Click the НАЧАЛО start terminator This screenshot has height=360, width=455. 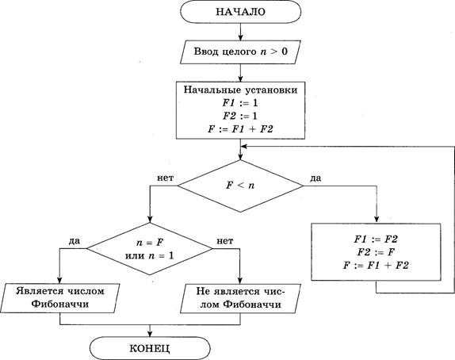point(240,12)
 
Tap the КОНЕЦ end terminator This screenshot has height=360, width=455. point(150,348)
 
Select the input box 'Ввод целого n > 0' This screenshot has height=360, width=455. point(240,52)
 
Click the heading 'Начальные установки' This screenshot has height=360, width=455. point(240,90)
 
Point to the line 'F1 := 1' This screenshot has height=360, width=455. point(240,103)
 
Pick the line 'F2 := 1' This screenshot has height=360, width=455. point(240,116)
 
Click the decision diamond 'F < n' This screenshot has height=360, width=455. point(240,186)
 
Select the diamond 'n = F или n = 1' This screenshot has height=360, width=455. point(150,249)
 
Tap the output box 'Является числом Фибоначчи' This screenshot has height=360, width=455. point(60,298)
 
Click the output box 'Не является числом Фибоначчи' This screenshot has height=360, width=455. point(240,298)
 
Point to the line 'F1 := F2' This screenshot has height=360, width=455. point(376,239)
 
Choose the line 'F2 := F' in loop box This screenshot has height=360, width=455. point(376,252)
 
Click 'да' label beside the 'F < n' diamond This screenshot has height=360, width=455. point(315,178)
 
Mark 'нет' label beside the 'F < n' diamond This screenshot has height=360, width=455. point(166,178)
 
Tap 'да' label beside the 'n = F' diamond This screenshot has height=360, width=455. point(75,241)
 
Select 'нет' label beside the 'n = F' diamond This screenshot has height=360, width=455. point(225,241)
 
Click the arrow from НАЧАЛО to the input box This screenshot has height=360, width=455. point(240,32)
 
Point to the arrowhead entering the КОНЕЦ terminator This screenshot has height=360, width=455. point(150,334)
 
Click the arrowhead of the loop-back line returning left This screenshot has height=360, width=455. point(244,147)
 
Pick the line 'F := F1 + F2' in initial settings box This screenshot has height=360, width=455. point(240,129)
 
